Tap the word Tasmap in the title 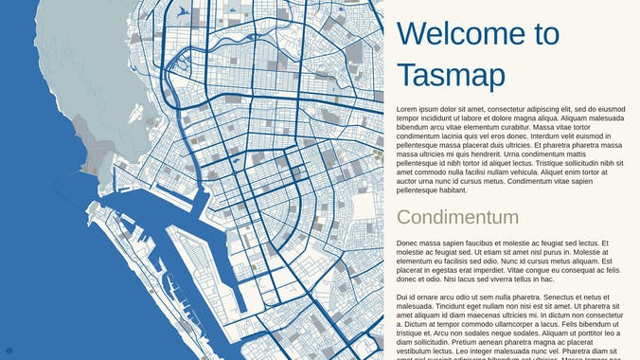click(x=451, y=75)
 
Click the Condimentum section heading click(x=457, y=217)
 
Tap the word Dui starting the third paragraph click(x=403, y=297)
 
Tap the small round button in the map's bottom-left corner click(x=9, y=351)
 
